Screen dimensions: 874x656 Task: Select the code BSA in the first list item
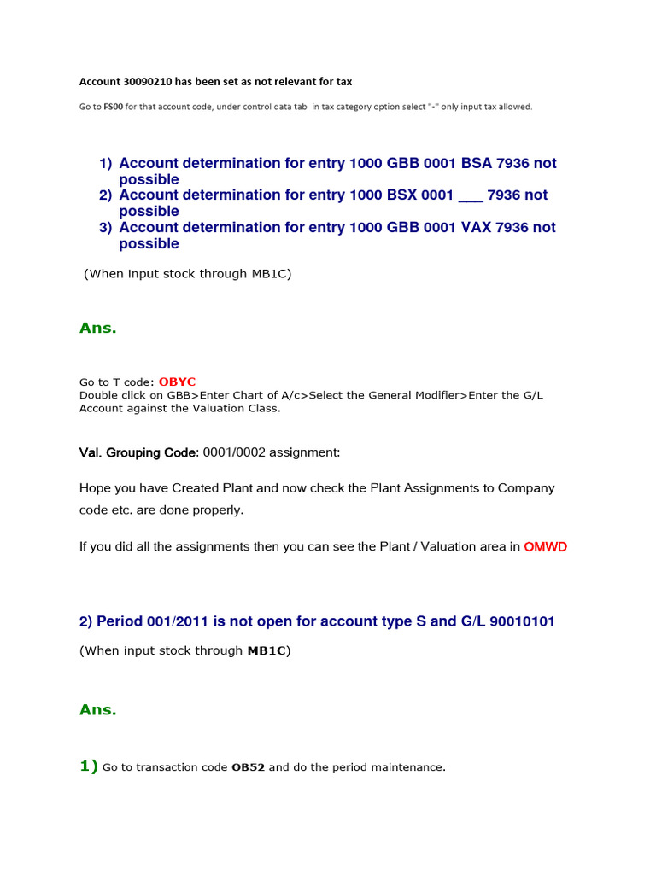(477, 163)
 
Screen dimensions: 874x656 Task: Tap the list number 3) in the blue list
(105, 228)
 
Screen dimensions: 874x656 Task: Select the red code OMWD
(545, 546)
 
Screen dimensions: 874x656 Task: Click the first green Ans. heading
(97, 328)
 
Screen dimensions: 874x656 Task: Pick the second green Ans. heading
(97, 709)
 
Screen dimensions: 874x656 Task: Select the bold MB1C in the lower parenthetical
(266, 651)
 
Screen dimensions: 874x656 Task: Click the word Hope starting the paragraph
(97, 488)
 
